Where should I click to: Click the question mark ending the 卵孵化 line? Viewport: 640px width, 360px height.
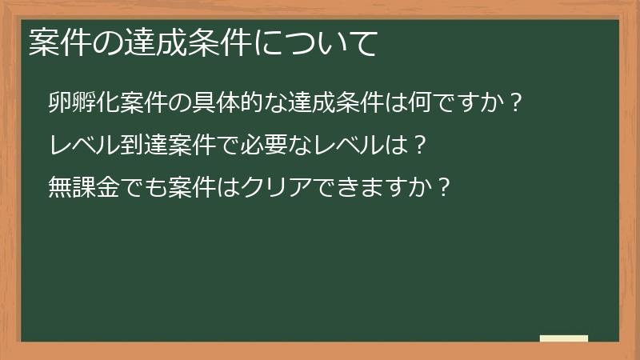tap(516, 103)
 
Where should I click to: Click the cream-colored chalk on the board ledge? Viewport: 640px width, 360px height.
tap(564, 338)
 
